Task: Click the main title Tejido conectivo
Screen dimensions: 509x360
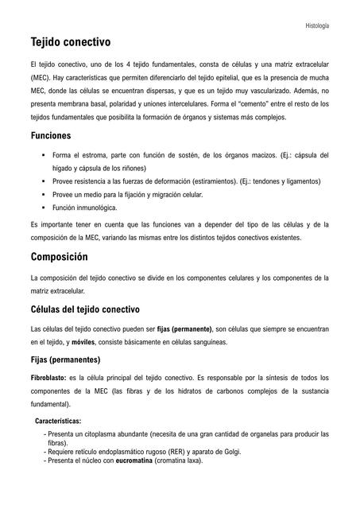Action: coord(70,41)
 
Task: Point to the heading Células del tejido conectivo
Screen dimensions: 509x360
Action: coord(85,309)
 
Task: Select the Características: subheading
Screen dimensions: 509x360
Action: coord(58,422)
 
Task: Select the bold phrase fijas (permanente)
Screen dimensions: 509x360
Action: coord(184,328)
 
